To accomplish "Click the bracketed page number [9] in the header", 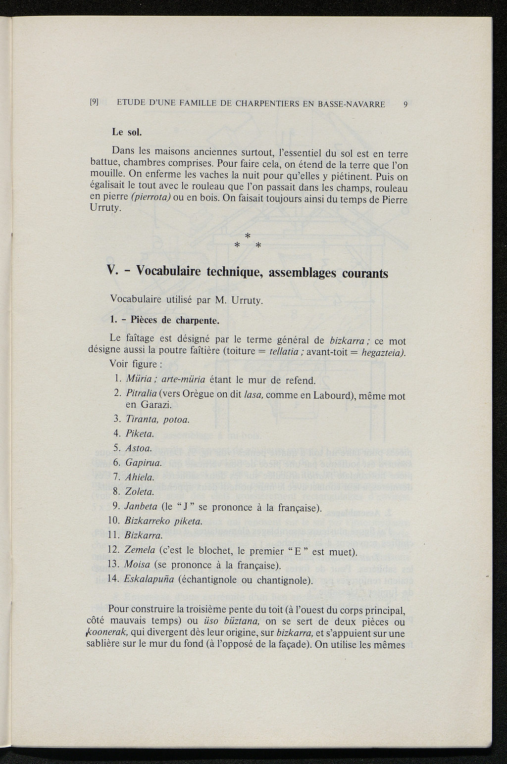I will click(94, 103).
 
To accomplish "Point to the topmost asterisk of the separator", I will click(248, 235).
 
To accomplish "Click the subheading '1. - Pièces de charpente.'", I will click(164, 320).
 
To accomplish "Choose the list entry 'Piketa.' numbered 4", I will click(140, 434).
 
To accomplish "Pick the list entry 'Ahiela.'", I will click(140, 477).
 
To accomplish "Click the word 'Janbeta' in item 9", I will click(142, 507).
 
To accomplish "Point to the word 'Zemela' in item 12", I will click(141, 551).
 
